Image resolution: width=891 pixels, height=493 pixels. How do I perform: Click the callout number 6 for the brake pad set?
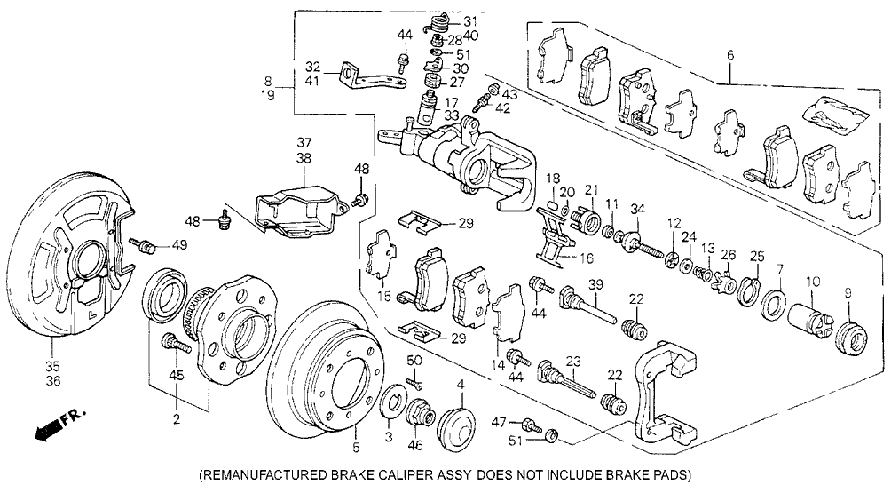730,55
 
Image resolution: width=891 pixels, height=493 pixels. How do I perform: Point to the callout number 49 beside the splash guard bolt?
180,246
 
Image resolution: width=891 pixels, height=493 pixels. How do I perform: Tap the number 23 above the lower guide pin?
573,362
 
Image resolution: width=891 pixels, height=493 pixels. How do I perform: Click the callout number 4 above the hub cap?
461,385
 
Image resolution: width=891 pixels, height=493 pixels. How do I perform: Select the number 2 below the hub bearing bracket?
177,418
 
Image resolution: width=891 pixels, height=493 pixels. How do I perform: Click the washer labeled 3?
390,408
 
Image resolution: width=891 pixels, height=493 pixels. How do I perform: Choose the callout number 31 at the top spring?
469,21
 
